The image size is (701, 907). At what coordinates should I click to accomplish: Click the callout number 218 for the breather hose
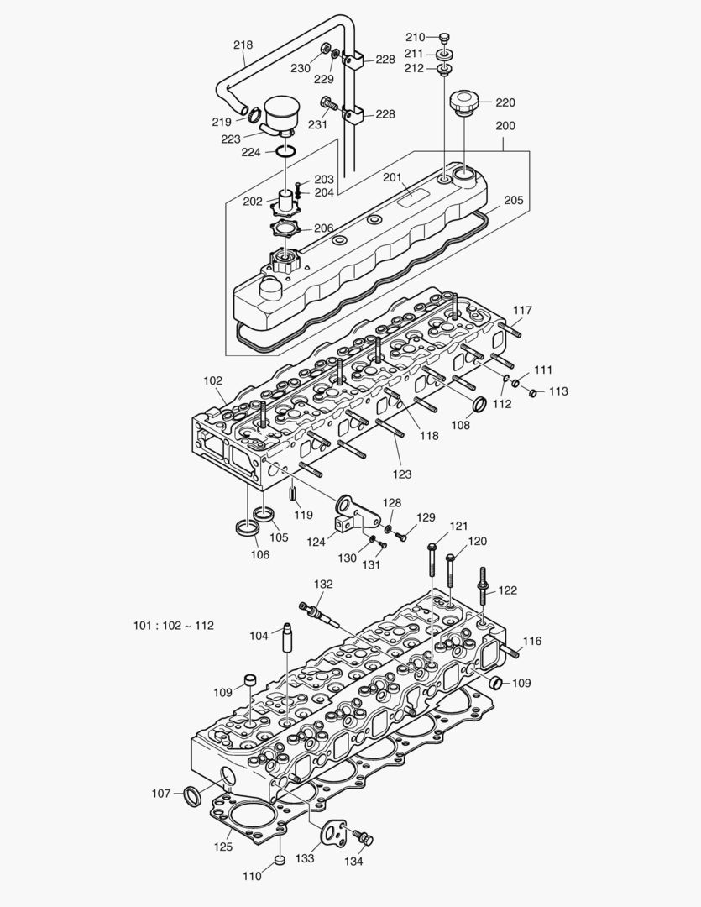click(x=243, y=45)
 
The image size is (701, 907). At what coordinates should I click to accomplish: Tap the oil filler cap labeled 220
click(x=463, y=105)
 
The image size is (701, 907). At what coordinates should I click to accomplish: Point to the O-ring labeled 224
click(x=285, y=152)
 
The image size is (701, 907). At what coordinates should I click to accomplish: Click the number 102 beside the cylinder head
click(x=212, y=380)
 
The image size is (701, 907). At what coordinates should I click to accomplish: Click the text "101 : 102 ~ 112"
click(x=174, y=626)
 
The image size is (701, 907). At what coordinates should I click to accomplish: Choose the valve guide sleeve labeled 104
click(x=286, y=643)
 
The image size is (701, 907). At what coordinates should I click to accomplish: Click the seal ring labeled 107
click(x=193, y=794)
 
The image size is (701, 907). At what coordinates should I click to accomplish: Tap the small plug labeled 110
click(x=280, y=861)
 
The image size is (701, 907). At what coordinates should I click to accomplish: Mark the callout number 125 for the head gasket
click(x=222, y=847)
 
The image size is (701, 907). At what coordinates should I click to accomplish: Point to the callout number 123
click(x=402, y=474)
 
